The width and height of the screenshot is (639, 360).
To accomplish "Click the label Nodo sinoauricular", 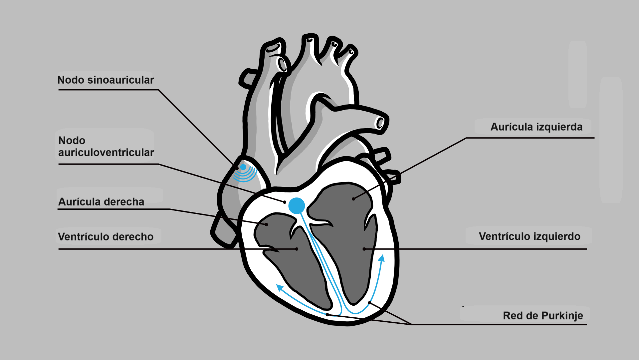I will tap(106, 80).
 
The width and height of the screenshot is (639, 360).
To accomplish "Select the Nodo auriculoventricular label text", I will tap(106, 147).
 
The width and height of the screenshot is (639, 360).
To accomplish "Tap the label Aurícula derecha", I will tap(101, 202).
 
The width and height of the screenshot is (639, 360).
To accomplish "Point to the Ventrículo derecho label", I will tap(106, 237).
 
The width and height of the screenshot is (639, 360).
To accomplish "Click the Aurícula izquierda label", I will tap(536, 127).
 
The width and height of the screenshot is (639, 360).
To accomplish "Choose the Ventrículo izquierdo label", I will tap(530, 236).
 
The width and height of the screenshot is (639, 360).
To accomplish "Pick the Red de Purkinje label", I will tap(543, 316).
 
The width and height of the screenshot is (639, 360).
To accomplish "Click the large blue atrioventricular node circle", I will tap(297, 205).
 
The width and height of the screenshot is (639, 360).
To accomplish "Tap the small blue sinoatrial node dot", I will tap(243, 167).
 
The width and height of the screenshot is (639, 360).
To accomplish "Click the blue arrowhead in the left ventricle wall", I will tap(382, 258).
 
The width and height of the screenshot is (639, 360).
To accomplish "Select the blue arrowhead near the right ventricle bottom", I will tap(280, 288).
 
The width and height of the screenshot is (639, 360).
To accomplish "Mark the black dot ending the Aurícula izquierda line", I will tap(353, 199).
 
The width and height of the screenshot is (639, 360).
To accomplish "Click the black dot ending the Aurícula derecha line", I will tap(267, 224).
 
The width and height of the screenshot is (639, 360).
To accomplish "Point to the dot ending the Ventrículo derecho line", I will tap(297, 249).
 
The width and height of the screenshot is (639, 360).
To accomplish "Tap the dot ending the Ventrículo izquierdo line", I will tap(364, 249).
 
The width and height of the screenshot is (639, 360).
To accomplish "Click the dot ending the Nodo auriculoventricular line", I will tap(285, 202).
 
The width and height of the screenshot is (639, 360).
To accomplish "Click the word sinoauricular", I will tap(120, 80).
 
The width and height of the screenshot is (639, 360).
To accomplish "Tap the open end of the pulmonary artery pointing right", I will tap(380, 123).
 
